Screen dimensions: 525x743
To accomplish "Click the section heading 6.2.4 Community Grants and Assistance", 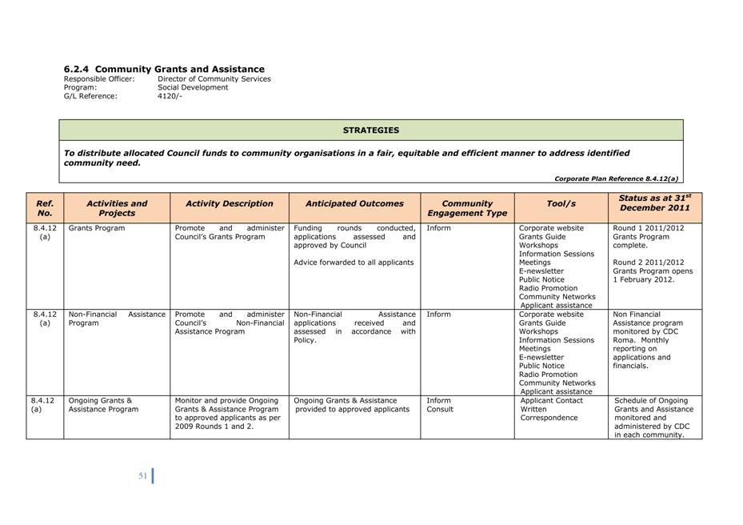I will point(164,70).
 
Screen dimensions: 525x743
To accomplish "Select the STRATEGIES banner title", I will point(371,130).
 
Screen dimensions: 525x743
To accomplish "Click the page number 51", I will point(142,476).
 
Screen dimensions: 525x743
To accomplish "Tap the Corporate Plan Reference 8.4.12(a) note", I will point(616,178).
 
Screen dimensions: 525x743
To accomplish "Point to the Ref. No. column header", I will point(45,208).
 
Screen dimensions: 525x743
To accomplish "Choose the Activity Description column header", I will point(229,203).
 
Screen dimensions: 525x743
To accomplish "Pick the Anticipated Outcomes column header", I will point(354,203).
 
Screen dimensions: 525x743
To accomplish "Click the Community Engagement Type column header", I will point(467,208).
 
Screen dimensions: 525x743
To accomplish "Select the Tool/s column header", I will point(561,203).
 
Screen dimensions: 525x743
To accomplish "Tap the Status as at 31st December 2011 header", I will point(654,202).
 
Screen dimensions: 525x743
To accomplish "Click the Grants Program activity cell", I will point(97,228).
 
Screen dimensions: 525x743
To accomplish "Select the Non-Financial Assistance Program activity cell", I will point(117,319).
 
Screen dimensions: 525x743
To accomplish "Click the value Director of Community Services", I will point(214,79).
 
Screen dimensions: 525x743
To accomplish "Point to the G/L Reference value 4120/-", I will point(170,96).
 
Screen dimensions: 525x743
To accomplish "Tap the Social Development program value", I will point(193,87).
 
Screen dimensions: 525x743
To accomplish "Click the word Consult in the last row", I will point(440,409).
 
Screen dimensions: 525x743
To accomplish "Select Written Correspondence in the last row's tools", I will point(548,413).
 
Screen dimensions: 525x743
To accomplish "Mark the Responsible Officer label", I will point(99,79).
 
